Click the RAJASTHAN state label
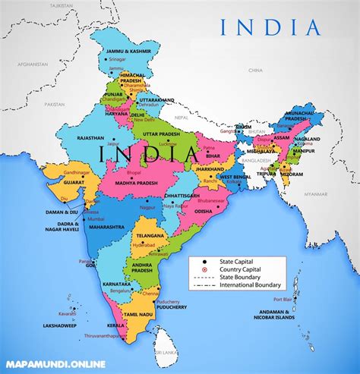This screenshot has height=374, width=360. [x=70, y=137]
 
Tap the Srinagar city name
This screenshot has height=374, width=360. [x=117, y=59]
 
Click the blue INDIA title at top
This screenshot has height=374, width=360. [x=270, y=28]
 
